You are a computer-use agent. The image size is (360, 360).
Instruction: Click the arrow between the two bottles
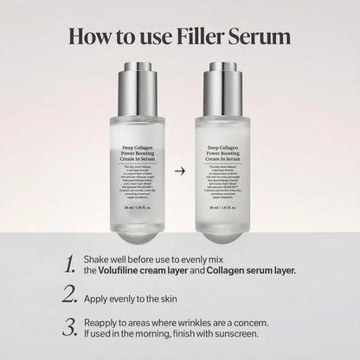pos(179,146)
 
